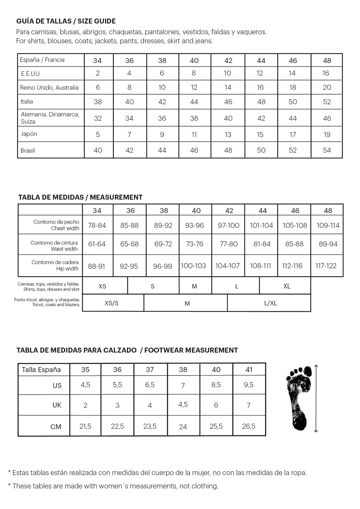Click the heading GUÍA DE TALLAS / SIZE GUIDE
click(x=66, y=21)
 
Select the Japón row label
click(x=29, y=134)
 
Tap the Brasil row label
click(x=28, y=150)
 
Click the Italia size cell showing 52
click(x=327, y=102)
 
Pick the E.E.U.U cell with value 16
click(x=326, y=73)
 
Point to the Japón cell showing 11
click(x=194, y=135)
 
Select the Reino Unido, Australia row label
click(x=49, y=87)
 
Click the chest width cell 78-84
click(x=97, y=226)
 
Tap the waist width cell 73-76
click(x=194, y=244)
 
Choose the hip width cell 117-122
click(x=326, y=266)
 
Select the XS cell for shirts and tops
click(x=102, y=286)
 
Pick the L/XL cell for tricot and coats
click(x=270, y=303)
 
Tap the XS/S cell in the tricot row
click(x=112, y=303)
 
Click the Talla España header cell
click(x=41, y=370)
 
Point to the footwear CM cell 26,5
click(x=248, y=426)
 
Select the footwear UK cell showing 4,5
click(x=183, y=405)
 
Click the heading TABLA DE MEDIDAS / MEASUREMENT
click(x=80, y=197)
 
